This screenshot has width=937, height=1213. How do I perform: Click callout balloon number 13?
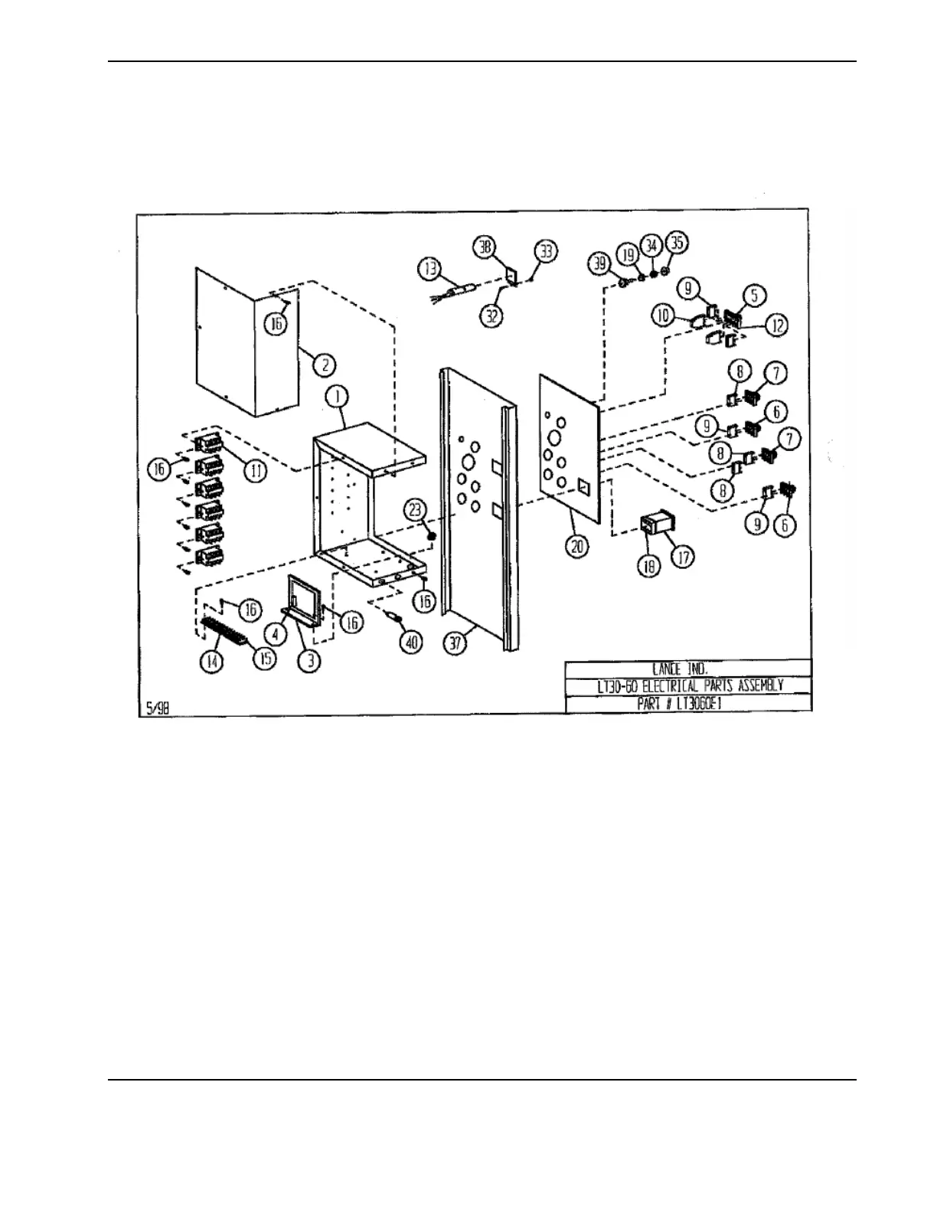coord(429,268)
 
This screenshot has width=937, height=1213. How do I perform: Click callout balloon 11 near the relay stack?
coord(254,472)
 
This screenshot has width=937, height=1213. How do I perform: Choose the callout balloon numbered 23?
coord(415,510)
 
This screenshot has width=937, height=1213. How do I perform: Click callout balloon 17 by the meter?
coord(682,557)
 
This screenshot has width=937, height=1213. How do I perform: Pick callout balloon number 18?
coord(649,568)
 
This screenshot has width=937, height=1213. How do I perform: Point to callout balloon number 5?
coord(755,294)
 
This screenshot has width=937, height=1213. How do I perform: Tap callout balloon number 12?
coord(777,325)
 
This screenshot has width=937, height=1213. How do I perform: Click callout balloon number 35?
coord(677,243)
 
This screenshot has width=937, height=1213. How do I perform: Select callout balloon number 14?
coord(212,662)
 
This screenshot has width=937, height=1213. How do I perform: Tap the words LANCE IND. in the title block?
coord(687,668)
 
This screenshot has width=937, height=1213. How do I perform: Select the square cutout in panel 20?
coord(584,485)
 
